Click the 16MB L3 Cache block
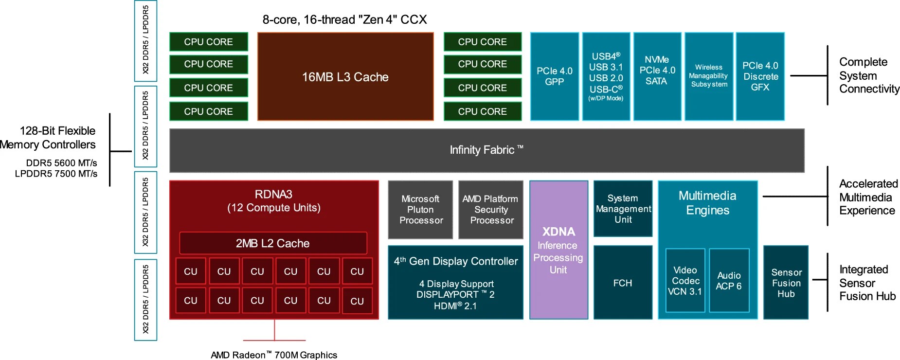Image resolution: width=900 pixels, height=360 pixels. pyautogui.click(x=345, y=77)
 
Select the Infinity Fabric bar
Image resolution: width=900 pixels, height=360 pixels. pyautogui.click(x=486, y=150)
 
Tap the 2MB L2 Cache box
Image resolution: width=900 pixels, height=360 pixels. pyautogui.click(x=273, y=243)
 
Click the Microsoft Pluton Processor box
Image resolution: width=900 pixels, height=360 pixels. pyautogui.click(x=421, y=210)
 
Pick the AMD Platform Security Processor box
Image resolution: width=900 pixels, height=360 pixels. pyautogui.click(x=491, y=210)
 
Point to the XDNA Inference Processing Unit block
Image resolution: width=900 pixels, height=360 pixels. pyautogui.click(x=558, y=250)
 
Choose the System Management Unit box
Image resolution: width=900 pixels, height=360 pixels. pyautogui.click(x=623, y=209)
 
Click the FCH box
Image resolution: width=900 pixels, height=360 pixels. pyautogui.click(x=623, y=283)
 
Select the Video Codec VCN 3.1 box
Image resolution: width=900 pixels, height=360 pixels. pyautogui.click(x=685, y=281)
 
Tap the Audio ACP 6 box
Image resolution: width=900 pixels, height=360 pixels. pyautogui.click(x=729, y=281)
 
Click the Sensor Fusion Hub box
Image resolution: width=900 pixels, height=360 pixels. pyautogui.click(x=786, y=283)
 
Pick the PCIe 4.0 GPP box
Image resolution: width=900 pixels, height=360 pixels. pyautogui.click(x=555, y=76)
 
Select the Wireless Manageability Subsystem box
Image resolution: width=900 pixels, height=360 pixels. pyautogui.click(x=709, y=76)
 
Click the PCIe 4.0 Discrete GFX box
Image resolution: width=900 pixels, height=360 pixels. pyautogui.click(x=760, y=76)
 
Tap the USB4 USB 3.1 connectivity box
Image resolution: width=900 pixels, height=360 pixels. pyautogui.click(x=606, y=76)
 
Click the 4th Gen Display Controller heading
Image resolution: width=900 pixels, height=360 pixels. pyautogui.click(x=456, y=261)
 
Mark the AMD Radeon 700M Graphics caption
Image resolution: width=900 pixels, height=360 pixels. pyautogui.click(x=274, y=355)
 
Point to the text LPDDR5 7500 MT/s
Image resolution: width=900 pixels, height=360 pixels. pyautogui.click(x=56, y=174)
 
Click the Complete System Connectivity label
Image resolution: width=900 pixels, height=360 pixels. pyautogui.click(x=869, y=75)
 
